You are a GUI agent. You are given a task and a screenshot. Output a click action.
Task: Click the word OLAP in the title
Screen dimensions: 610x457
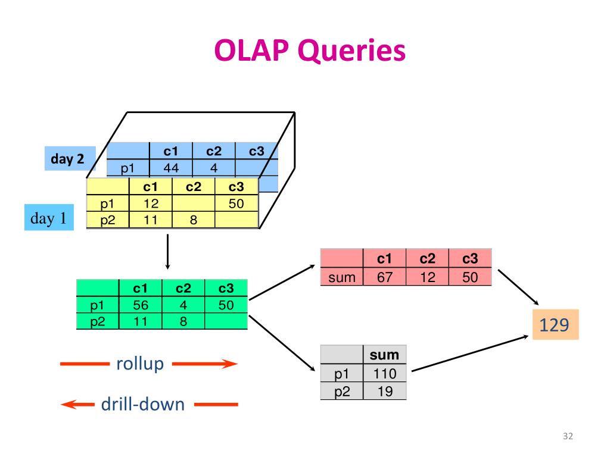click(252, 51)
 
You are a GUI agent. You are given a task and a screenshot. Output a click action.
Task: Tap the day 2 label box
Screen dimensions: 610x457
click(70, 158)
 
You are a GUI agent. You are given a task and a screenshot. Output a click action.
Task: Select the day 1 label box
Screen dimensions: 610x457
click(49, 218)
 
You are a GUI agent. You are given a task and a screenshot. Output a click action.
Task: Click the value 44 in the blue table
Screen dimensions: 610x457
click(171, 168)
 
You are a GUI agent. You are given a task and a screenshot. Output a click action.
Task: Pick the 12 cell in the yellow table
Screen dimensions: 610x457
click(151, 204)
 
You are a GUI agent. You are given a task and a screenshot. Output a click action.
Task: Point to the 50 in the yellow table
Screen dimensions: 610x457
click(236, 204)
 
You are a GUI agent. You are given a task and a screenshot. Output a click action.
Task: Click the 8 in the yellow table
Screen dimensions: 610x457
click(194, 220)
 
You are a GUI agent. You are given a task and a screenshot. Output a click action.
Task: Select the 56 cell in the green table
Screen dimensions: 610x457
click(141, 305)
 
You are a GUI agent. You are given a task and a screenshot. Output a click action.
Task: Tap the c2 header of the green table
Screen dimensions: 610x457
click(183, 289)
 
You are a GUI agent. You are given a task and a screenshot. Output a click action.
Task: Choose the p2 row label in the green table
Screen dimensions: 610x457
click(97, 322)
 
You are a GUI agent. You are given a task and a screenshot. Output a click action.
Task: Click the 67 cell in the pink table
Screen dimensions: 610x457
click(384, 277)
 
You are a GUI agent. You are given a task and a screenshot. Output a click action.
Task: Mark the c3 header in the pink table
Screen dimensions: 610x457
click(470, 258)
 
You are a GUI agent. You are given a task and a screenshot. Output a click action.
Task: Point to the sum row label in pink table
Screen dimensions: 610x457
click(341, 277)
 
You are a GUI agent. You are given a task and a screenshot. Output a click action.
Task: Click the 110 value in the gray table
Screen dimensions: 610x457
click(385, 374)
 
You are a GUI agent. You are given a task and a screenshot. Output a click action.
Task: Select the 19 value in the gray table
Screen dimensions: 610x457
click(385, 392)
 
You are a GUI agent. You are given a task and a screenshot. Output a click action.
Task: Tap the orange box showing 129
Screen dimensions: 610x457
click(556, 324)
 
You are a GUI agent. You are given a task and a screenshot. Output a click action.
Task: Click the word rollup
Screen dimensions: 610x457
click(140, 364)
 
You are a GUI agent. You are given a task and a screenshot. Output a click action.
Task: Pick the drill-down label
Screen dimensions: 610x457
click(143, 404)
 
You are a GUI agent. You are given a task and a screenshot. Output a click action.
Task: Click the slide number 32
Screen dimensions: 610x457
click(568, 436)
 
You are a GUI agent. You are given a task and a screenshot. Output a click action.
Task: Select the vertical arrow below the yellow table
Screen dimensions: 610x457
click(167, 252)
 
